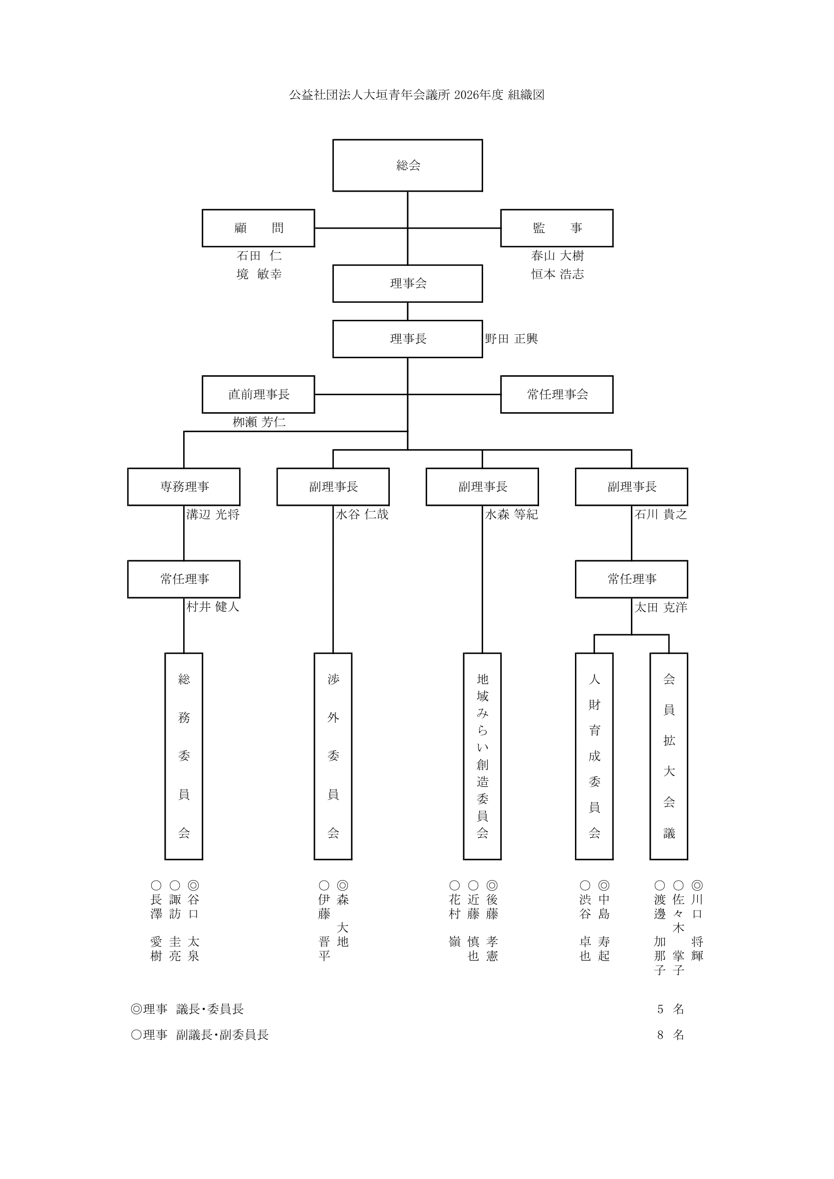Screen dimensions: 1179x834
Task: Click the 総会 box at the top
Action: [407, 165]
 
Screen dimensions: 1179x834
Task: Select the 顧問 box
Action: [259, 228]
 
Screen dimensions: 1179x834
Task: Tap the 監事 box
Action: [556, 228]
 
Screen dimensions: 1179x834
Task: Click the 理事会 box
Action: [407, 283]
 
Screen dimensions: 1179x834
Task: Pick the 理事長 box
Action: [407, 339]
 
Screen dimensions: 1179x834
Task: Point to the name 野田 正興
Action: [511, 339]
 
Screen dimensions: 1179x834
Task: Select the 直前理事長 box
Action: [259, 394]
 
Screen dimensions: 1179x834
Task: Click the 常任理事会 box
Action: [556, 394]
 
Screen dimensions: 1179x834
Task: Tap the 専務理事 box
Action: [184, 487]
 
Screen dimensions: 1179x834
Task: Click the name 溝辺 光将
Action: [213, 514]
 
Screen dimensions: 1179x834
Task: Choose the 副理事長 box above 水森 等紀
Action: [482, 487]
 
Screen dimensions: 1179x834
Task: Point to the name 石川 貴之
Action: [660, 514]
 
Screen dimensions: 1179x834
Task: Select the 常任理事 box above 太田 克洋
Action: [631, 579]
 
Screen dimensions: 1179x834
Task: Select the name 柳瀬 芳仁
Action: [259, 422]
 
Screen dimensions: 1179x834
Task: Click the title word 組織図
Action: [526, 95]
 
